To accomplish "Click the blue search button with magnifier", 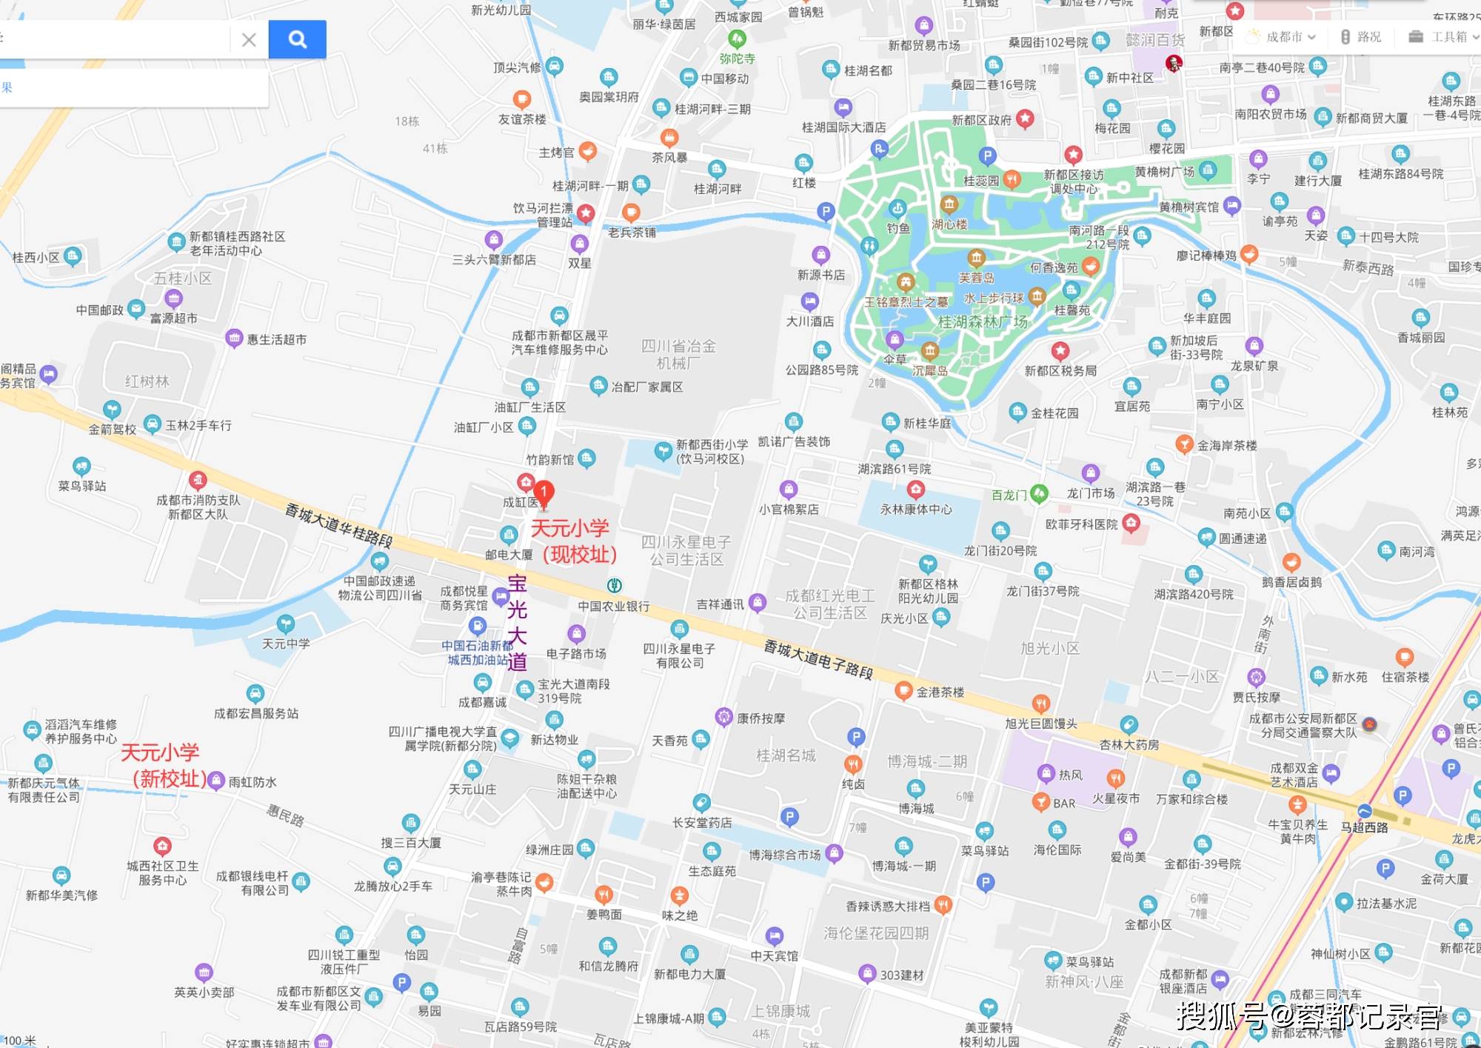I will tap(297, 39).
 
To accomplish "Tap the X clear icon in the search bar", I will tap(249, 40).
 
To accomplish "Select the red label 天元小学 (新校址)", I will tap(162, 766).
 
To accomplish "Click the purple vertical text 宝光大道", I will tap(517, 623).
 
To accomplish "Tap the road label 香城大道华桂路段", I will tap(339, 525).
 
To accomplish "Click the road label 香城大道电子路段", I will tap(818, 660).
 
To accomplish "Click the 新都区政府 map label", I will tap(981, 120).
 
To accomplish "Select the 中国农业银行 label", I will tap(614, 607).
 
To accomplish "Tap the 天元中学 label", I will tap(286, 644).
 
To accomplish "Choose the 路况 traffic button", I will tap(1362, 37).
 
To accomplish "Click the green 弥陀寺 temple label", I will tap(737, 59).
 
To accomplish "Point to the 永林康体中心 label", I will tap(916, 510).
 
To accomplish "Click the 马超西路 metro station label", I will tap(1364, 827).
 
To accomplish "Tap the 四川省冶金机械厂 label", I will tap(678, 355).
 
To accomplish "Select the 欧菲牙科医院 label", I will tap(1081, 524).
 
